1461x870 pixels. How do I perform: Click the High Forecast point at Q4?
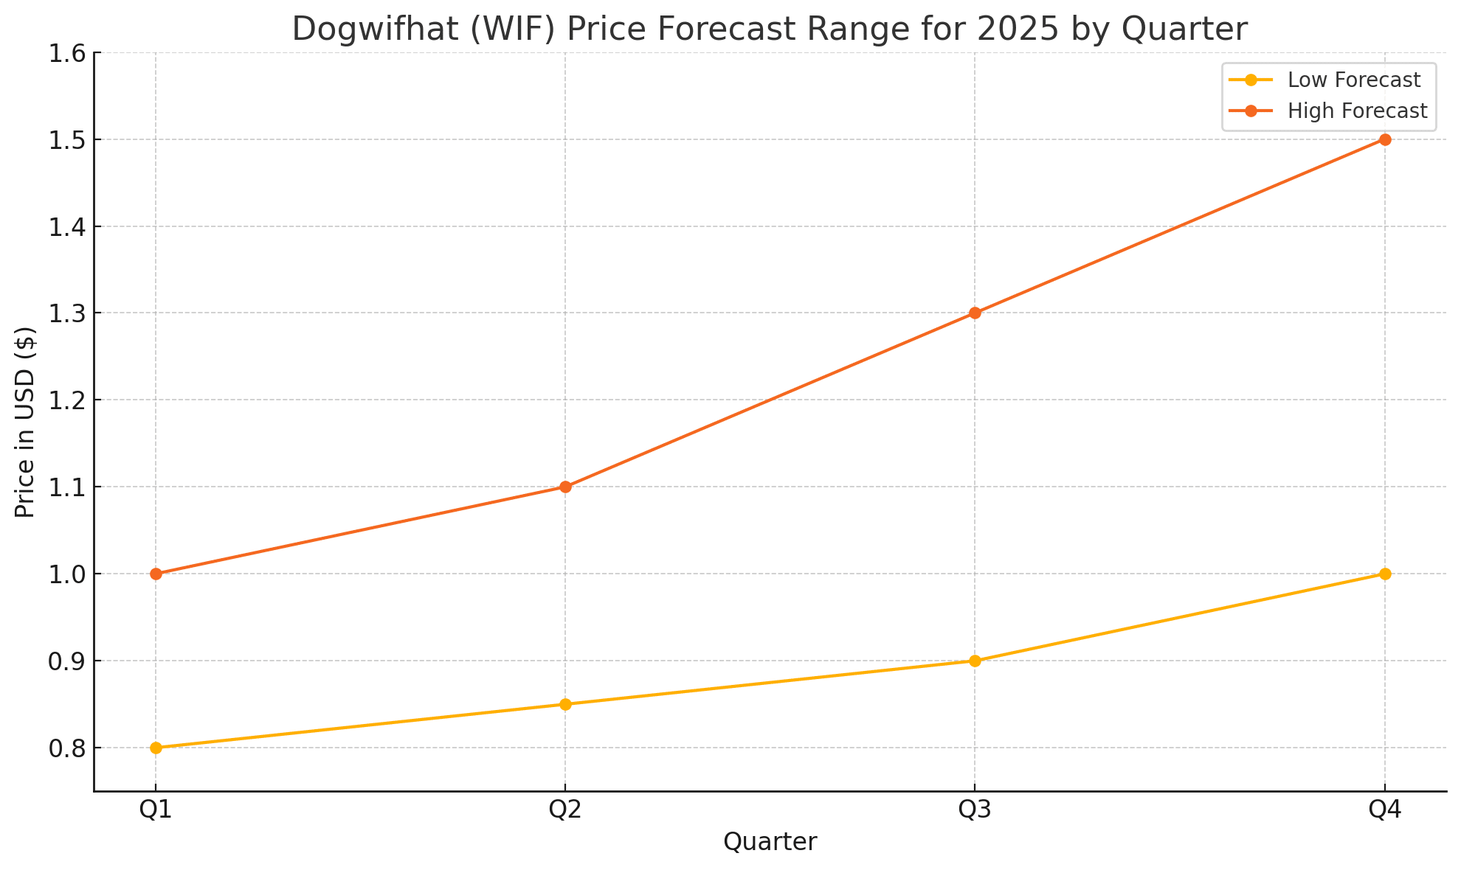[1385, 139]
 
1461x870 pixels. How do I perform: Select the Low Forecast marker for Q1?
[156, 748]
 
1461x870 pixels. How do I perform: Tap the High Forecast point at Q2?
[565, 487]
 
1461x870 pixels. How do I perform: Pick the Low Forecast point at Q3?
[975, 661]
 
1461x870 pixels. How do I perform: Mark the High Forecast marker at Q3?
[975, 313]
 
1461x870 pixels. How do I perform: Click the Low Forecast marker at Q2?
[565, 704]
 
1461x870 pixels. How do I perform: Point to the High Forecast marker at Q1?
[156, 574]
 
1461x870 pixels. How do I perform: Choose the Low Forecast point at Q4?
[1385, 574]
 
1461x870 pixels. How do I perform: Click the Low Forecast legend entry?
[1353, 80]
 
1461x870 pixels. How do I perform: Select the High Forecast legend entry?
[1357, 111]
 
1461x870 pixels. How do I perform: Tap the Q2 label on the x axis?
[565, 810]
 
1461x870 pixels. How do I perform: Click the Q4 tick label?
[1385, 810]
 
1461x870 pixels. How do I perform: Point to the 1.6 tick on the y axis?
[66, 53]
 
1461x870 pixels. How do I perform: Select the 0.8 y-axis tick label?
[66, 748]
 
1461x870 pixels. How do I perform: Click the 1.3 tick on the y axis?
[66, 313]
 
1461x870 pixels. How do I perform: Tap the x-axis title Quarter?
[770, 842]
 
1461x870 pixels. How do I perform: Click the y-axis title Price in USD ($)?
[25, 422]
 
